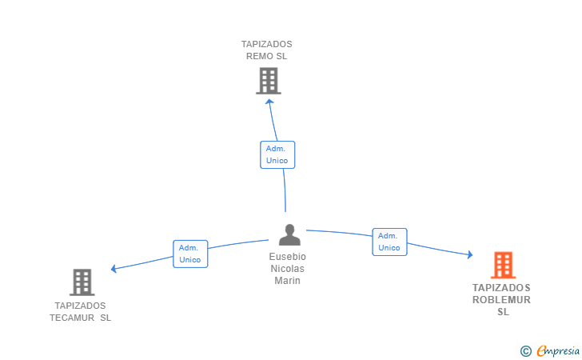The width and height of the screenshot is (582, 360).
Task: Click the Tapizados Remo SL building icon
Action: pos(269,81)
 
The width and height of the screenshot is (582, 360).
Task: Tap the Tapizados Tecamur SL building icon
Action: pos(82,282)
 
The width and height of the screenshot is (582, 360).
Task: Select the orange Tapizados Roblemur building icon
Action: pos(504,266)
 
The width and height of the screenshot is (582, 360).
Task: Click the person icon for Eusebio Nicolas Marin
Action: pos(289,234)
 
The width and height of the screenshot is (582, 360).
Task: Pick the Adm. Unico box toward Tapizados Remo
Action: pos(277,154)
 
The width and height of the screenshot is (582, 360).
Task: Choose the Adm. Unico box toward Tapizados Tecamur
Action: pos(190,254)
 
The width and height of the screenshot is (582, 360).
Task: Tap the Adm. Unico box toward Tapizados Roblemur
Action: pos(390,242)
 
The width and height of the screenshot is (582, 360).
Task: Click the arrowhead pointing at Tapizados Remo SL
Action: pos(270,102)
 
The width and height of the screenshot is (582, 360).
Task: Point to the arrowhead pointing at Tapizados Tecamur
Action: pos(114,268)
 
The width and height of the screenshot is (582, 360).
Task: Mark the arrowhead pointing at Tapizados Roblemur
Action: pos(470,254)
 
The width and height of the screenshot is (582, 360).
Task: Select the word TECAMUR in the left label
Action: pos(72,318)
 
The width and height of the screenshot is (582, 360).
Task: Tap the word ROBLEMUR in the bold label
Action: pos(501,300)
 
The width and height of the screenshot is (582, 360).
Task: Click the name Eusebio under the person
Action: pos(288,257)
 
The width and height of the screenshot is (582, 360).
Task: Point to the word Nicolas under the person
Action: pos(287,269)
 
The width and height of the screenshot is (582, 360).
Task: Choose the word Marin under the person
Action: pos(287,281)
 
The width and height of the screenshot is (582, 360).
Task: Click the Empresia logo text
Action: pos(558,350)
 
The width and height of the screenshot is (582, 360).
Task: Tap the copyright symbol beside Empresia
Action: pos(525,351)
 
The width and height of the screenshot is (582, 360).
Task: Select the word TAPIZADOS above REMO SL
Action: pos(266,44)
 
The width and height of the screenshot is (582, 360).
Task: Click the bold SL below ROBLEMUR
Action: pos(504,312)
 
